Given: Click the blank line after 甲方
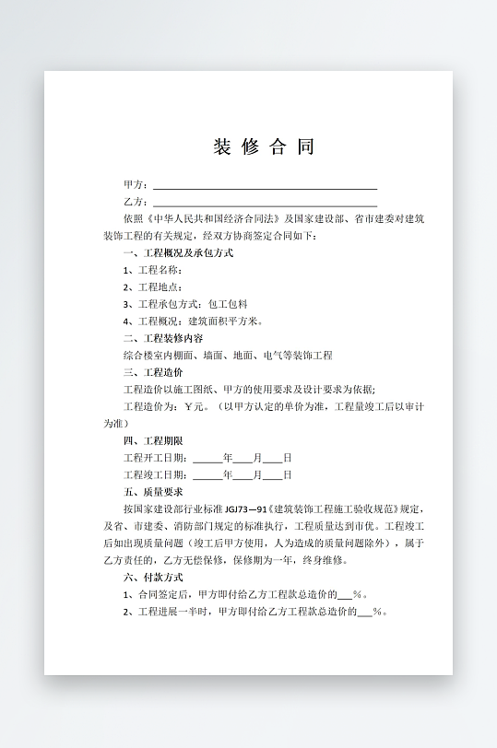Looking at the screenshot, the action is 265,186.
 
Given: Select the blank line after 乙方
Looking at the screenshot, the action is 265,204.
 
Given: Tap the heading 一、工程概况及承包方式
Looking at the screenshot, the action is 178,253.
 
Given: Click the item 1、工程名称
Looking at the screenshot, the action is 152,271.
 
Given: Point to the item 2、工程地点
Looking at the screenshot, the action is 152,287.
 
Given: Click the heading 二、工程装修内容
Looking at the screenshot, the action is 162,338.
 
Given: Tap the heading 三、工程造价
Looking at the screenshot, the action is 152,372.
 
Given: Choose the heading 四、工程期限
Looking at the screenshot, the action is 152,441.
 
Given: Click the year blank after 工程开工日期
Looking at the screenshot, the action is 207,458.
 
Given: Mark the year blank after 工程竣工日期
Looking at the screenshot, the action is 207,475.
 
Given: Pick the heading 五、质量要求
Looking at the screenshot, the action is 152,492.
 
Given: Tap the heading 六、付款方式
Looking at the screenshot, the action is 152,577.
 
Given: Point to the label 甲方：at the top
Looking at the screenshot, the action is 136,186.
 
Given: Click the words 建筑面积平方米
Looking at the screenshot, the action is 226,321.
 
